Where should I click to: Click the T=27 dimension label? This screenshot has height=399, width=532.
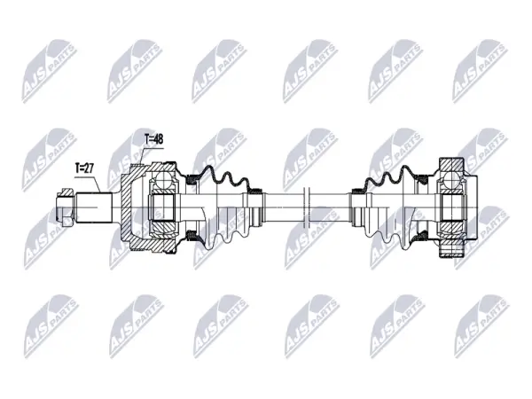(84, 168)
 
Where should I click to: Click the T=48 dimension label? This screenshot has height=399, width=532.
(154, 139)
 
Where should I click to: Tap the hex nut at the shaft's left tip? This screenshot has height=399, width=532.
(65, 207)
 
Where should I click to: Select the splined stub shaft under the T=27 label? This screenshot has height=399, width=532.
(94, 207)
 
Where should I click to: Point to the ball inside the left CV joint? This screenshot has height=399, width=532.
(163, 179)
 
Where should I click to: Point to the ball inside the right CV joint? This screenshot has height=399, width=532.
(451, 179)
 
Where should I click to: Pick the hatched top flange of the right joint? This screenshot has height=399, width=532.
(451, 166)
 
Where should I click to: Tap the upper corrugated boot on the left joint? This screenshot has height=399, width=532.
(225, 177)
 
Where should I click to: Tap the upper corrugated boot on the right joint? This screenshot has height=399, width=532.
(389, 177)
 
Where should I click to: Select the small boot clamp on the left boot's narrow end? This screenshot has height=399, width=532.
(256, 191)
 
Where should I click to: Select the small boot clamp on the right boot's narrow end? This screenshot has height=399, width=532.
(358, 191)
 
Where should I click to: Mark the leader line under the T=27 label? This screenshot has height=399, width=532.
(89, 184)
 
